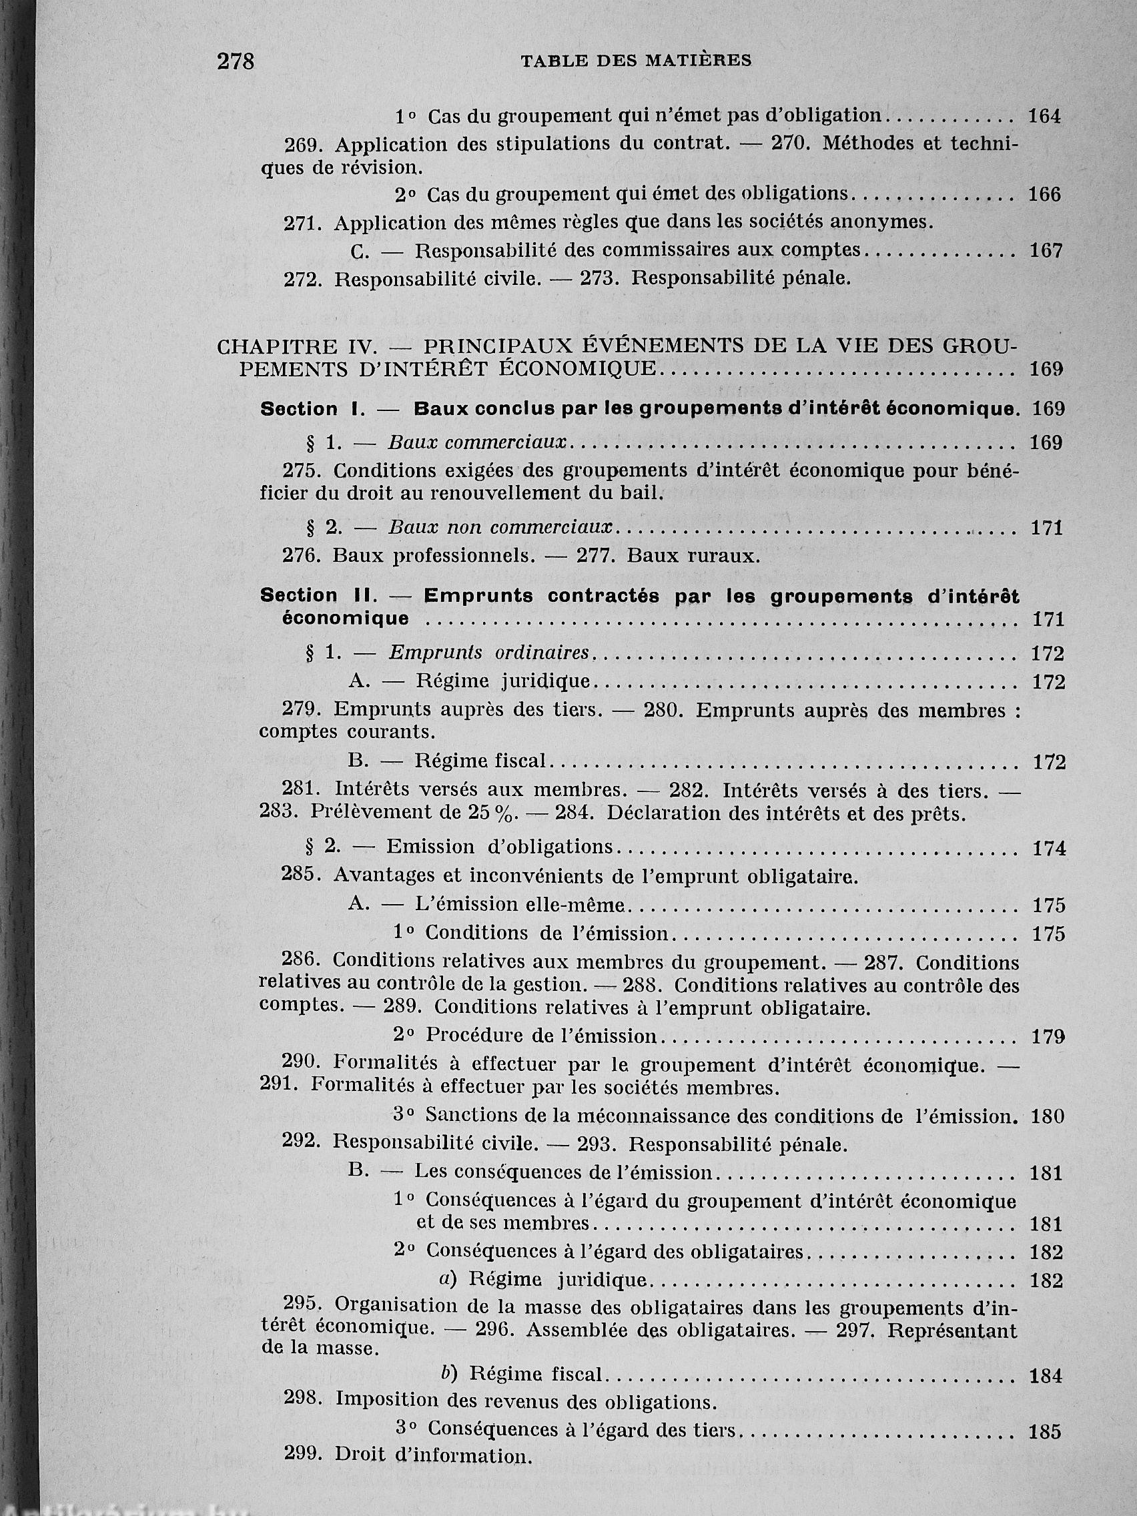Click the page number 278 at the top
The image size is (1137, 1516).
click(x=235, y=61)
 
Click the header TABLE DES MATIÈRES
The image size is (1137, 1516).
click(x=635, y=61)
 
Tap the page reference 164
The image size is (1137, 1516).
click(x=1044, y=117)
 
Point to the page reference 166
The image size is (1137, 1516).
click(x=1044, y=195)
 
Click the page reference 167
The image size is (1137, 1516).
click(x=1046, y=251)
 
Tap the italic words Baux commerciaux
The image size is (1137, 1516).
click(x=478, y=443)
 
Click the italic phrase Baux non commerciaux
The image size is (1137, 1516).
click(x=500, y=528)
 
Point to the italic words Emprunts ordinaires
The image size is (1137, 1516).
click(x=489, y=653)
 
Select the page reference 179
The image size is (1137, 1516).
click(x=1048, y=1037)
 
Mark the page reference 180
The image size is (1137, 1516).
click(x=1047, y=1116)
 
